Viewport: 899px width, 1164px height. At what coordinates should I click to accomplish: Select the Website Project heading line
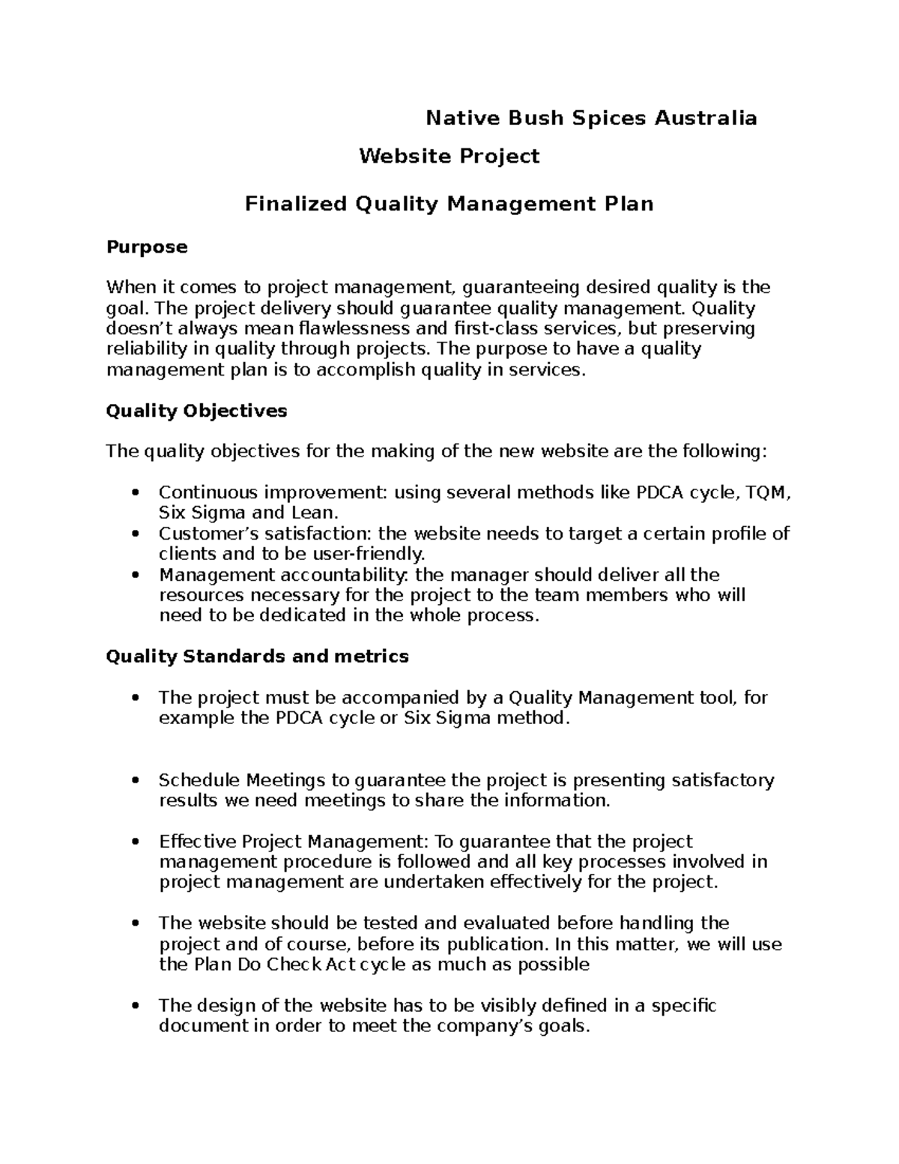449,157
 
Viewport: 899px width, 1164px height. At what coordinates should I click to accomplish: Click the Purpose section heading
147,247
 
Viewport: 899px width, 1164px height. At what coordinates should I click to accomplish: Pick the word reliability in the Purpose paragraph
147,349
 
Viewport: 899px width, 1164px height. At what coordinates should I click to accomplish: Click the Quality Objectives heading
196,411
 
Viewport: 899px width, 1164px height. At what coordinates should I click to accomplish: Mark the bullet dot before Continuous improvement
135,493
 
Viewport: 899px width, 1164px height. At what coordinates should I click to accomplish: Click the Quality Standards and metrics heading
257,657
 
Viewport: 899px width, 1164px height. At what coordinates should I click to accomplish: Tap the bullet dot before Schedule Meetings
135,780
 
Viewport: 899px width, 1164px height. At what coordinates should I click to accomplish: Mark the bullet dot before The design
135,1005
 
